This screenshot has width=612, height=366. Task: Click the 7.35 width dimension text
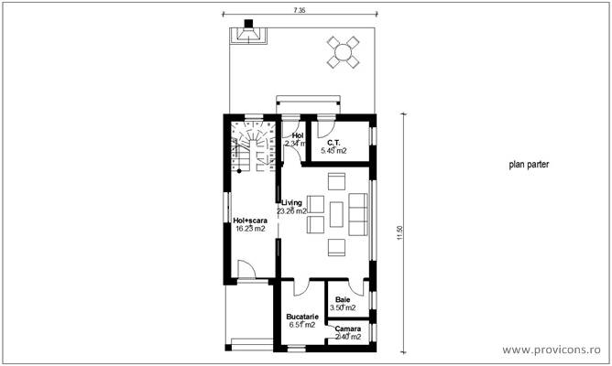(300, 9)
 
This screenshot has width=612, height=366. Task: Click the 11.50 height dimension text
(399, 234)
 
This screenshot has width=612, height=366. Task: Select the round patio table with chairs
(344, 52)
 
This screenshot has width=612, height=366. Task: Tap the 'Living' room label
(292, 202)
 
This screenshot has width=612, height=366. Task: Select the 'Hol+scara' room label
(248, 221)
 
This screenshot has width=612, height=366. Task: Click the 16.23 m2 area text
(248, 229)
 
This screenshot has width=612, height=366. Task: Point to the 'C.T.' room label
(333, 143)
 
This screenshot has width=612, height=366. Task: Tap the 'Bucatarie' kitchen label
(301, 316)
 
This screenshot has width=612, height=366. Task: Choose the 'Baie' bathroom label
(342, 300)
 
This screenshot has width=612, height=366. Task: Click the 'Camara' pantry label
(347, 328)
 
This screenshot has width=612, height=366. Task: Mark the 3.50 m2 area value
(343, 308)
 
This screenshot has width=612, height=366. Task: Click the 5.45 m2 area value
(333, 151)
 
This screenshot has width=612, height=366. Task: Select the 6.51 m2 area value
(301, 324)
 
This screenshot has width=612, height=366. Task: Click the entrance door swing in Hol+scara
(246, 269)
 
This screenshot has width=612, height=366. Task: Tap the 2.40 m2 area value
(347, 337)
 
